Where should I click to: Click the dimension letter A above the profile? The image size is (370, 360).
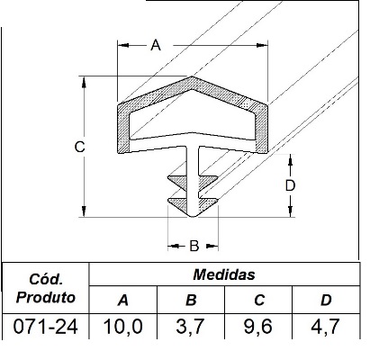(156, 46)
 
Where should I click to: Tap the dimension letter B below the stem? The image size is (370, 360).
(194, 246)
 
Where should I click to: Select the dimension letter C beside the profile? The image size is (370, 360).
(80, 147)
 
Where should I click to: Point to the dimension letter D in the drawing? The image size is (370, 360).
(290, 186)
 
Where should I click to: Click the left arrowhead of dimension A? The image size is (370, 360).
(123, 45)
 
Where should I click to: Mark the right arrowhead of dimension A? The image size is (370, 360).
(262, 45)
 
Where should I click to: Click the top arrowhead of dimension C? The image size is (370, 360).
(84, 82)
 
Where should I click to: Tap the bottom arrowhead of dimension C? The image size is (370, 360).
(84, 211)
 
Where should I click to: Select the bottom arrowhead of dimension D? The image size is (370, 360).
(290, 211)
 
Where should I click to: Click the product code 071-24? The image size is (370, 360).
(46, 327)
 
